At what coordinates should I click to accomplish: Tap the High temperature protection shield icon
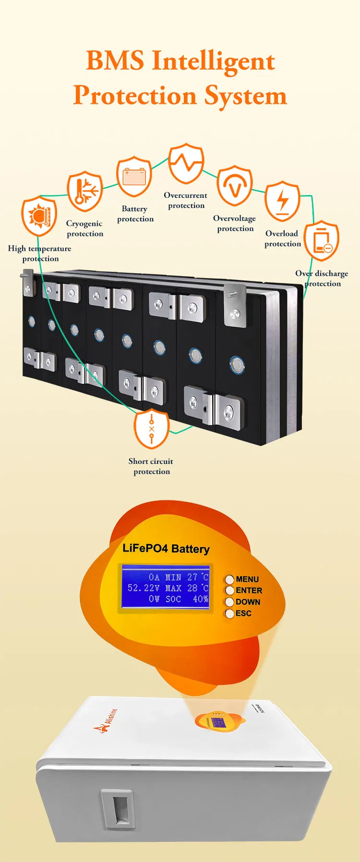point(39,216)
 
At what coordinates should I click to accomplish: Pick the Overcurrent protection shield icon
point(186,163)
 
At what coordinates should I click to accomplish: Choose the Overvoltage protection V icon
point(234,186)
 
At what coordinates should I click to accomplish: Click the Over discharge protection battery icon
point(322,241)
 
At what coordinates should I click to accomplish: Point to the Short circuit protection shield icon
point(152,428)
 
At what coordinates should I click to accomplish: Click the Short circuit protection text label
point(151,466)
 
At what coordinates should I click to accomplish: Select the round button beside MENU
point(229,579)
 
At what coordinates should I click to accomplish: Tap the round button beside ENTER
point(229,590)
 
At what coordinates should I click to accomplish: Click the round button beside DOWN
point(229,602)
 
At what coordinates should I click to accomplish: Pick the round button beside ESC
point(229,613)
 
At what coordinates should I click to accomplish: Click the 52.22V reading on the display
point(144,588)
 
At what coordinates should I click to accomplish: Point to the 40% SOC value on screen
point(200,599)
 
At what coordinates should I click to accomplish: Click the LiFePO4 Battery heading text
point(166,548)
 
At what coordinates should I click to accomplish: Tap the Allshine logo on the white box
point(106,720)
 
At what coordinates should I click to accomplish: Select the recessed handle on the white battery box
point(118,808)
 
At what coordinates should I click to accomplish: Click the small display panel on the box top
point(219,722)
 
